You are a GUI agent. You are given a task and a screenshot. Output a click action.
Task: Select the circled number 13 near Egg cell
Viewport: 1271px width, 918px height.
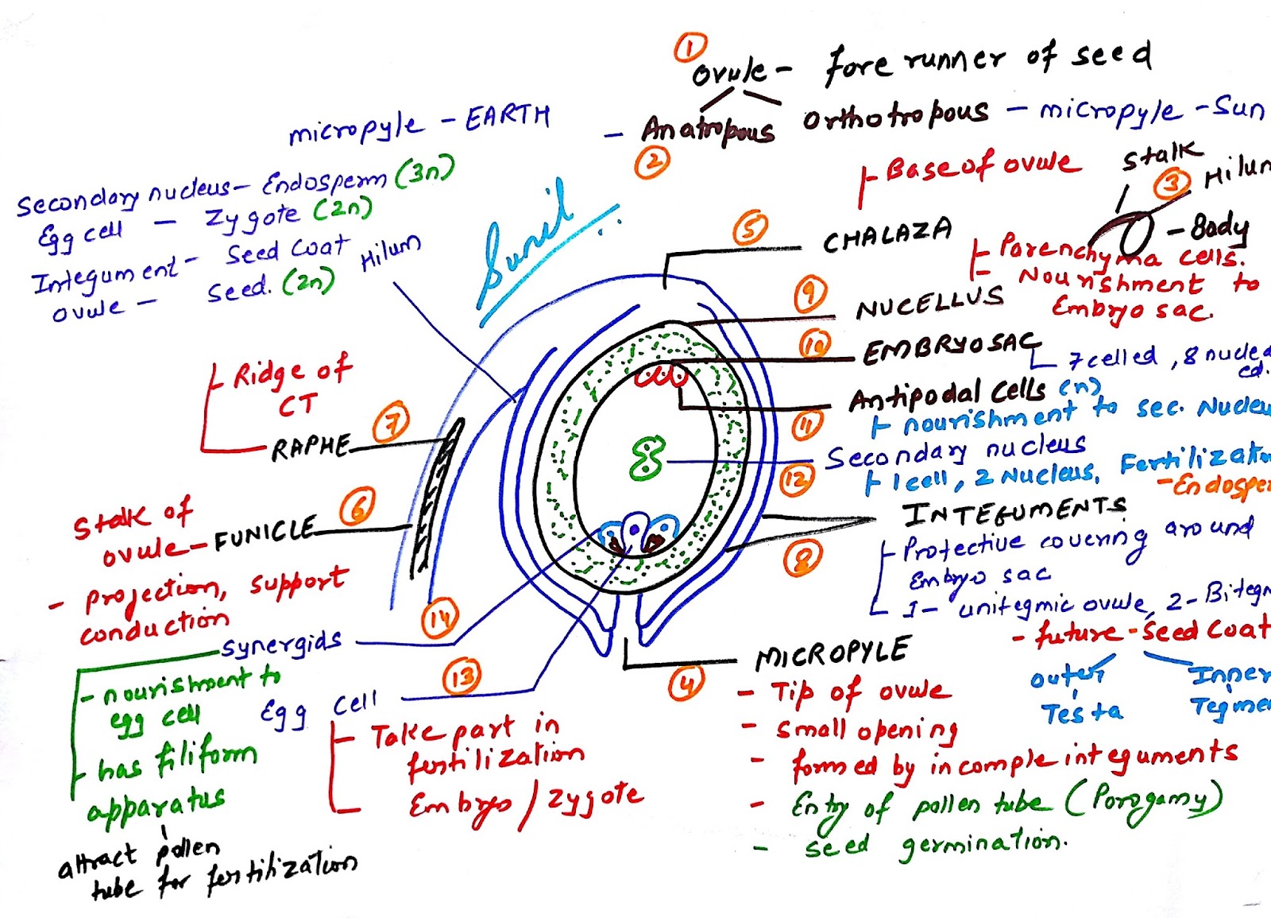[x=462, y=677]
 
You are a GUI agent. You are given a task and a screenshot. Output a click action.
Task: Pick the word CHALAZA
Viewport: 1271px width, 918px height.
[x=887, y=234]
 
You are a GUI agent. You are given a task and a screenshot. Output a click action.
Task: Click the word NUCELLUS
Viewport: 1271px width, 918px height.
[x=929, y=301]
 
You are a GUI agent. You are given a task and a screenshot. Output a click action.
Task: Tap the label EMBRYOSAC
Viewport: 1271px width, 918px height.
[x=948, y=347]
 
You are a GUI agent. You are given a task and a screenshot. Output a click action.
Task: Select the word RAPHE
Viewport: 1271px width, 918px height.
[x=311, y=447]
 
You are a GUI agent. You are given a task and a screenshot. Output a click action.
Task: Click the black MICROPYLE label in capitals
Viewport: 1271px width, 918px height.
[x=832, y=653]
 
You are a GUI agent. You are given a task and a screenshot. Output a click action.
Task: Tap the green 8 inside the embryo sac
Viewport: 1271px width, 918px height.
[x=647, y=459]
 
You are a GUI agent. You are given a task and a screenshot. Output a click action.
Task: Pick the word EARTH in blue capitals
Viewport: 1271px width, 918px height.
[x=507, y=118]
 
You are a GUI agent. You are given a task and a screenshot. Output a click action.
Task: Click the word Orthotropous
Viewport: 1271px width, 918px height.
[x=895, y=117]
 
